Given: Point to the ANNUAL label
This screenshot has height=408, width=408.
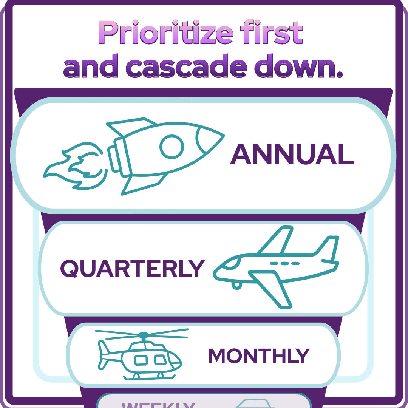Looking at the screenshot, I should pos(292,155).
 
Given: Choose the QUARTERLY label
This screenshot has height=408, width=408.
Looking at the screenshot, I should pos(132,268).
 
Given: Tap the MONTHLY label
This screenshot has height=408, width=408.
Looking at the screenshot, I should pos(259,355).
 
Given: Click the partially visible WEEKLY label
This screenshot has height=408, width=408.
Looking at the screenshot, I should pos(159,404).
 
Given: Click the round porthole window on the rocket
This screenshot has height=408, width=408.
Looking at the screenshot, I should pos(172,146).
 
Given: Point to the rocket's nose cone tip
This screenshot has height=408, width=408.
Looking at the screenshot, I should pos(223,135).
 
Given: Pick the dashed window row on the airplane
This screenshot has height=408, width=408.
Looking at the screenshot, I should pos(285,263).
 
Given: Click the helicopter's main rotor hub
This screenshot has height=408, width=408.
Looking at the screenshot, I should pos(144,335).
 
